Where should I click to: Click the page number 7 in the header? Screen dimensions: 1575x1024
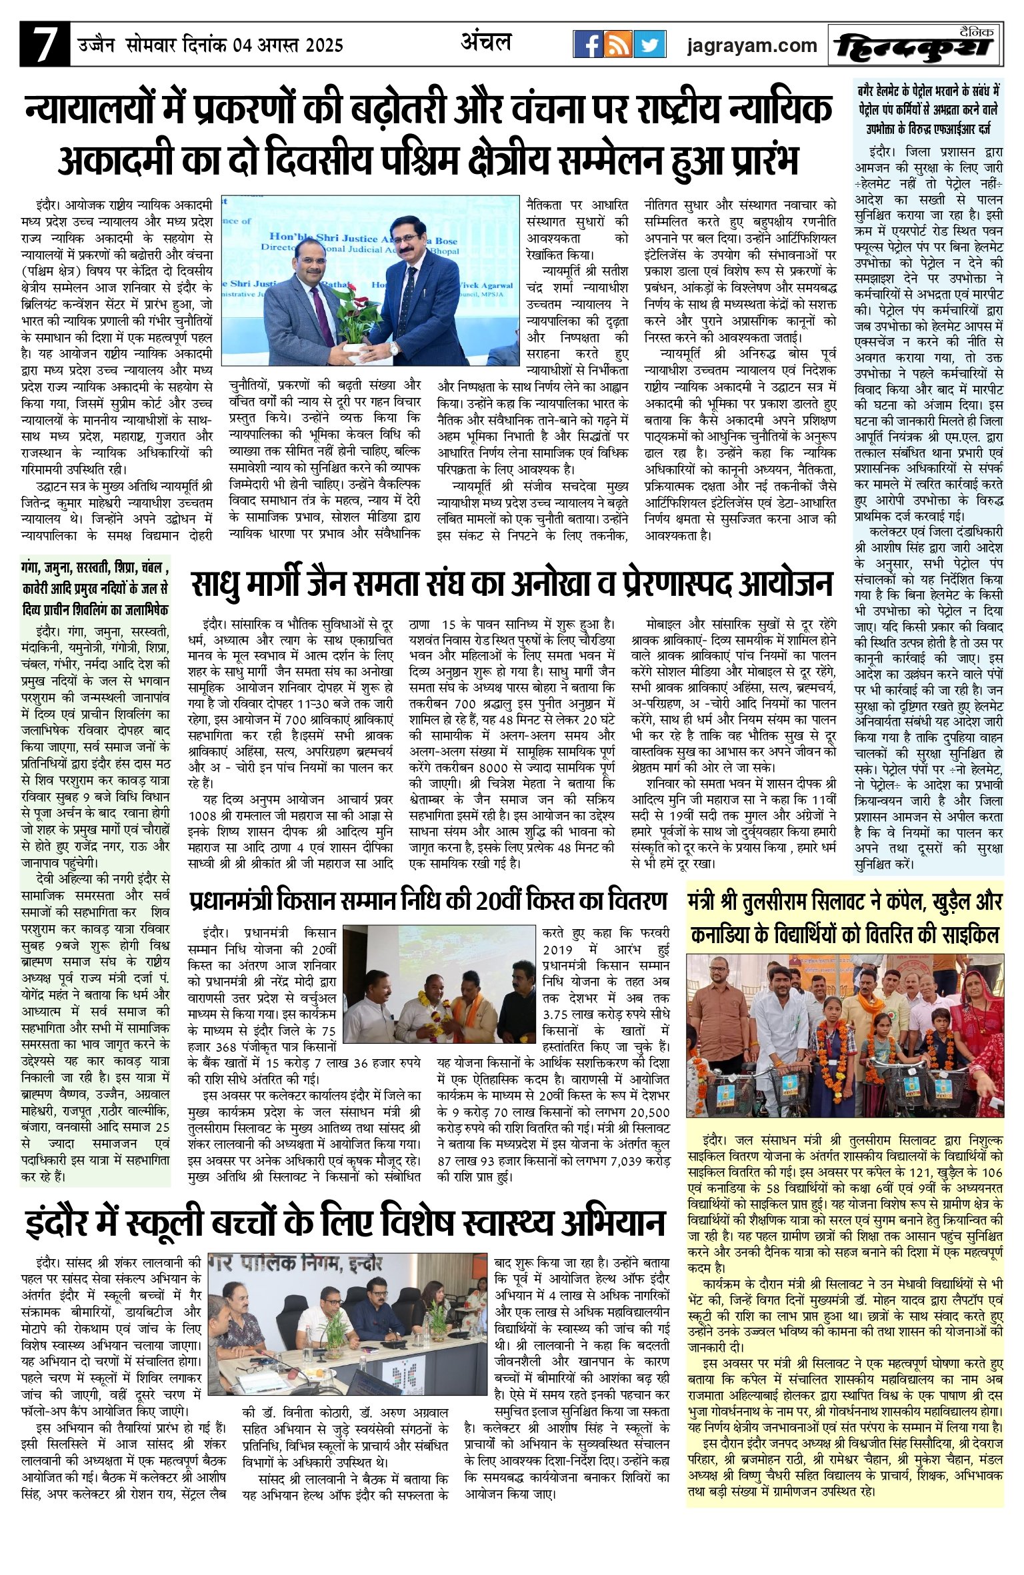[x=44, y=44]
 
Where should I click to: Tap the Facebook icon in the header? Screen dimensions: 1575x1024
[x=588, y=45]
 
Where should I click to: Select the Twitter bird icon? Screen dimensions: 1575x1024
[x=649, y=45]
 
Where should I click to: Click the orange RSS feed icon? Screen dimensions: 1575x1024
[x=618, y=45]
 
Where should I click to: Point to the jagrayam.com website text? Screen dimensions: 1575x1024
[x=752, y=45]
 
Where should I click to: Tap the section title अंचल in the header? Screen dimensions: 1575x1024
[x=486, y=42]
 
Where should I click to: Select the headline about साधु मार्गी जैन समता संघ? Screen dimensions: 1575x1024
[x=511, y=585]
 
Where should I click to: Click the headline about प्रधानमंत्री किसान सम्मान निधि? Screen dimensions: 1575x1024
[x=428, y=902]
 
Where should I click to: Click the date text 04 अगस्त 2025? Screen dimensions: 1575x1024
[x=288, y=45]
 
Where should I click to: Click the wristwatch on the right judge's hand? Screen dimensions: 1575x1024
[x=394, y=347]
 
